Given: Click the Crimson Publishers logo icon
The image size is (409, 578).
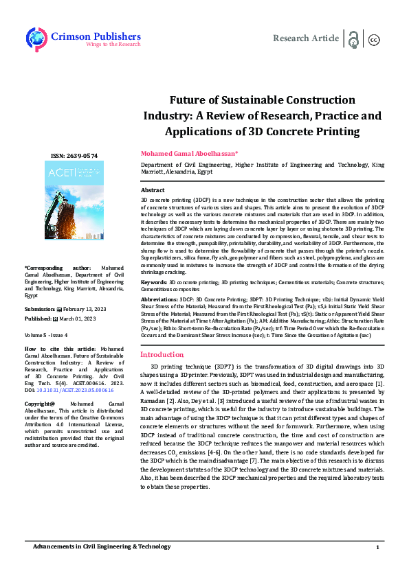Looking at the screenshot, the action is coord(36,38).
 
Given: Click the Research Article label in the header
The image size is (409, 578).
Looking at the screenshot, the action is coord(306,38).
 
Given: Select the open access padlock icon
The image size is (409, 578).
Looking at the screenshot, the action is coord(354,39).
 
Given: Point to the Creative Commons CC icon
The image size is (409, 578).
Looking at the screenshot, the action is coord(374,40).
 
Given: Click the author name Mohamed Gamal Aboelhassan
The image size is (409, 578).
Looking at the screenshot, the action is coord(189,153).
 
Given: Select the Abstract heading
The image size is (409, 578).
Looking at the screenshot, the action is coord(153,189).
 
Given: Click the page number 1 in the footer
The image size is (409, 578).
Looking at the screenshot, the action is coord(377,566).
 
